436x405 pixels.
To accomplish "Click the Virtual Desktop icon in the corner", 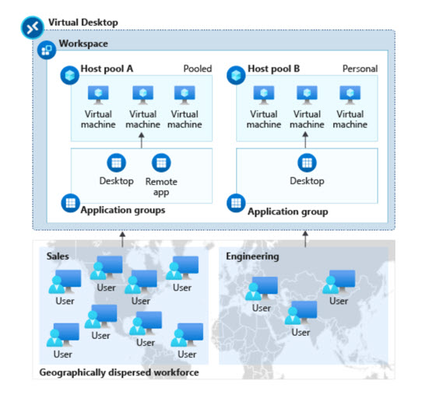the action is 33,27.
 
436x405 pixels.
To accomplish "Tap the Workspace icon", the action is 47,50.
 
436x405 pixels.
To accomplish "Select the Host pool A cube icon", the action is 70,75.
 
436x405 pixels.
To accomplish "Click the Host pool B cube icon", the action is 236,75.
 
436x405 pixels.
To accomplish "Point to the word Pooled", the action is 198,68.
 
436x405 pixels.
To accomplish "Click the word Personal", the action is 360,68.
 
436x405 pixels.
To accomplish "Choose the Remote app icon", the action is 161,162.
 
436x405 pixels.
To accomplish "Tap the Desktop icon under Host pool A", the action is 117,162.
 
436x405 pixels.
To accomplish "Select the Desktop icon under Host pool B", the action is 307,162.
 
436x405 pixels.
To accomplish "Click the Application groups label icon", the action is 71,203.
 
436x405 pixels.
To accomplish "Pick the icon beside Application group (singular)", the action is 236,203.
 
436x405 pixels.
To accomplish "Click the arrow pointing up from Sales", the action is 122,239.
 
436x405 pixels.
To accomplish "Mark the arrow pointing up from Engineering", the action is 305,239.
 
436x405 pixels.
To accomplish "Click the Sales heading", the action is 58,256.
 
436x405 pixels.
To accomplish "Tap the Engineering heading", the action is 252,257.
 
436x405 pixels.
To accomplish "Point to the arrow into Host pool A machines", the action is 142,140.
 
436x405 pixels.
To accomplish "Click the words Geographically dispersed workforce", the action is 119,372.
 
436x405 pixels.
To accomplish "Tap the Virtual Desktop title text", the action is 83,23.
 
